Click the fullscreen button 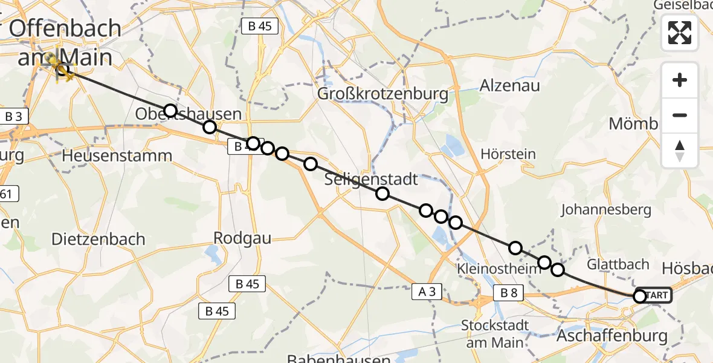pos(680,33)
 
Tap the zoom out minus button pos(680,115)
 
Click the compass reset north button pos(680,151)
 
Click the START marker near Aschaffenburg pos(653,295)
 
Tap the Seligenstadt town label pos(371,180)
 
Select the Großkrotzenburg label pos(383,94)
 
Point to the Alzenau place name pos(509,86)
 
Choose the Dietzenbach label pos(98,239)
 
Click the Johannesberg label pos(606,210)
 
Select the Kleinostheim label pos(499,268)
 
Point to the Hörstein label pos(508,154)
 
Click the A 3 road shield pos(427,292)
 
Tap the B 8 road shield pos(509,293)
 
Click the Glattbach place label pos(618,264)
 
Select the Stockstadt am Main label pos(495,333)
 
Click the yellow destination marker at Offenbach pos(60,68)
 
